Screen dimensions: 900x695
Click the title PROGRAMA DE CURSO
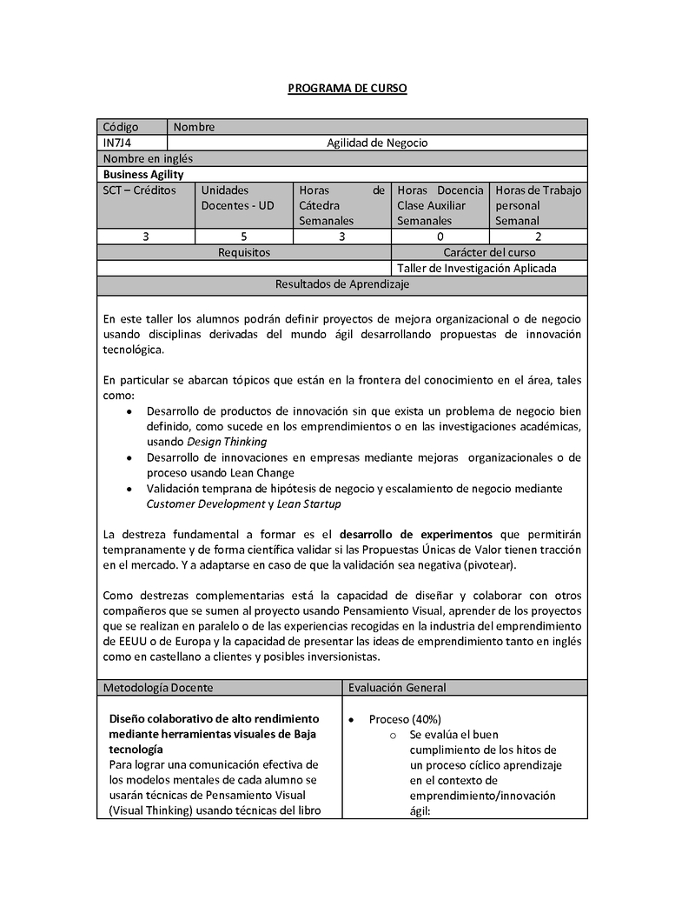(x=347, y=89)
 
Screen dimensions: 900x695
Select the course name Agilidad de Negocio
(x=377, y=143)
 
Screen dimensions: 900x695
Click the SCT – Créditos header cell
(x=139, y=190)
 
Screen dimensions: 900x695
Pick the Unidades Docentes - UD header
(x=237, y=197)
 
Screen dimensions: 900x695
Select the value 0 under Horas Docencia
(x=440, y=237)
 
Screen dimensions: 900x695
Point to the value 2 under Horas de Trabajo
(x=539, y=237)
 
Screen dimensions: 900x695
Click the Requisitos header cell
(x=244, y=252)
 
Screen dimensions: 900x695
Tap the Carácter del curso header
(x=490, y=252)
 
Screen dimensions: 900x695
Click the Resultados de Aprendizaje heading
(x=342, y=284)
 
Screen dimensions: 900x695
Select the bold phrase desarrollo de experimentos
(x=415, y=534)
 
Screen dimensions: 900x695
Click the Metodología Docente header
(x=158, y=688)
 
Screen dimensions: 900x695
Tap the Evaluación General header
(x=397, y=688)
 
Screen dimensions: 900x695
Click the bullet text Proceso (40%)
(x=405, y=719)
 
